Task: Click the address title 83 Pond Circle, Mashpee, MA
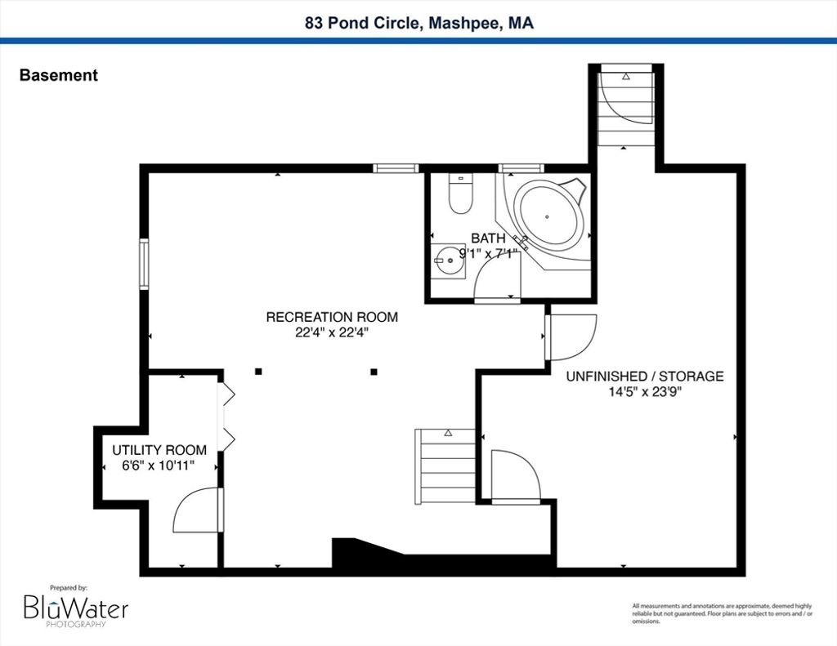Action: click(419, 23)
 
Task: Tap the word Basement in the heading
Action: click(59, 75)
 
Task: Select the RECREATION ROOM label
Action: click(332, 317)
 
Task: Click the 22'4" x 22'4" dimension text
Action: click(332, 333)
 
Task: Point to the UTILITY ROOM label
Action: click(159, 450)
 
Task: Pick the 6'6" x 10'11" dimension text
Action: click(158, 466)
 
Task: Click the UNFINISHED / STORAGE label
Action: click(645, 376)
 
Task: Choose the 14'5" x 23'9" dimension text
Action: click(646, 392)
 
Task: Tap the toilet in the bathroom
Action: click(460, 194)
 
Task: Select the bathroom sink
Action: click(448, 261)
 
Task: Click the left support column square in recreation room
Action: click(258, 372)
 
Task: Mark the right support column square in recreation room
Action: click(374, 372)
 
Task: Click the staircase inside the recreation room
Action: click(445, 466)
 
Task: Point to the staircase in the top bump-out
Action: click(625, 109)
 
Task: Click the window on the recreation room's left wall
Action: click(144, 264)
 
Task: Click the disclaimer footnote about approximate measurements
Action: click(723, 613)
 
